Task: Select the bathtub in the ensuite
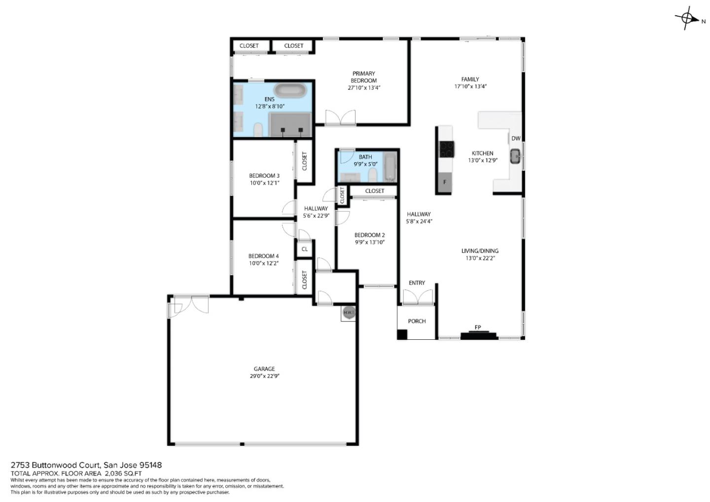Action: pyautogui.click(x=290, y=91)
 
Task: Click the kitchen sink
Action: pyautogui.click(x=516, y=157)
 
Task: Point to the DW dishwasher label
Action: pyautogui.click(x=515, y=139)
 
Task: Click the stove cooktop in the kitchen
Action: pyautogui.click(x=447, y=149)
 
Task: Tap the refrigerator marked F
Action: pyautogui.click(x=444, y=182)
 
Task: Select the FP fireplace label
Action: pyautogui.click(x=477, y=327)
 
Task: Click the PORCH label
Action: pyautogui.click(x=417, y=321)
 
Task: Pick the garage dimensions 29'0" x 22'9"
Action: pyautogui.click(x=264, y=376)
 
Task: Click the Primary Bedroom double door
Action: pyautogui.click(x=340, y=117)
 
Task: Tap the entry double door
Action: pyautogui.click(x=418, y=297)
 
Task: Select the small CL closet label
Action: pyautogui.click(x=304, y=249)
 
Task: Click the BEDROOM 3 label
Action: pyautogui.click(x=264, y=176)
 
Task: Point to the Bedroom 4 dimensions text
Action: pyautogui.click(x=264, y=263)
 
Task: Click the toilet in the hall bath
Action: pyautogui.click(x=373, y=175)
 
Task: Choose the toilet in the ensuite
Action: pyautogui.click(x=257, y=130)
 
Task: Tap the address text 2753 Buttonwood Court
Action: pyautogui.click(x=56, y=465)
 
